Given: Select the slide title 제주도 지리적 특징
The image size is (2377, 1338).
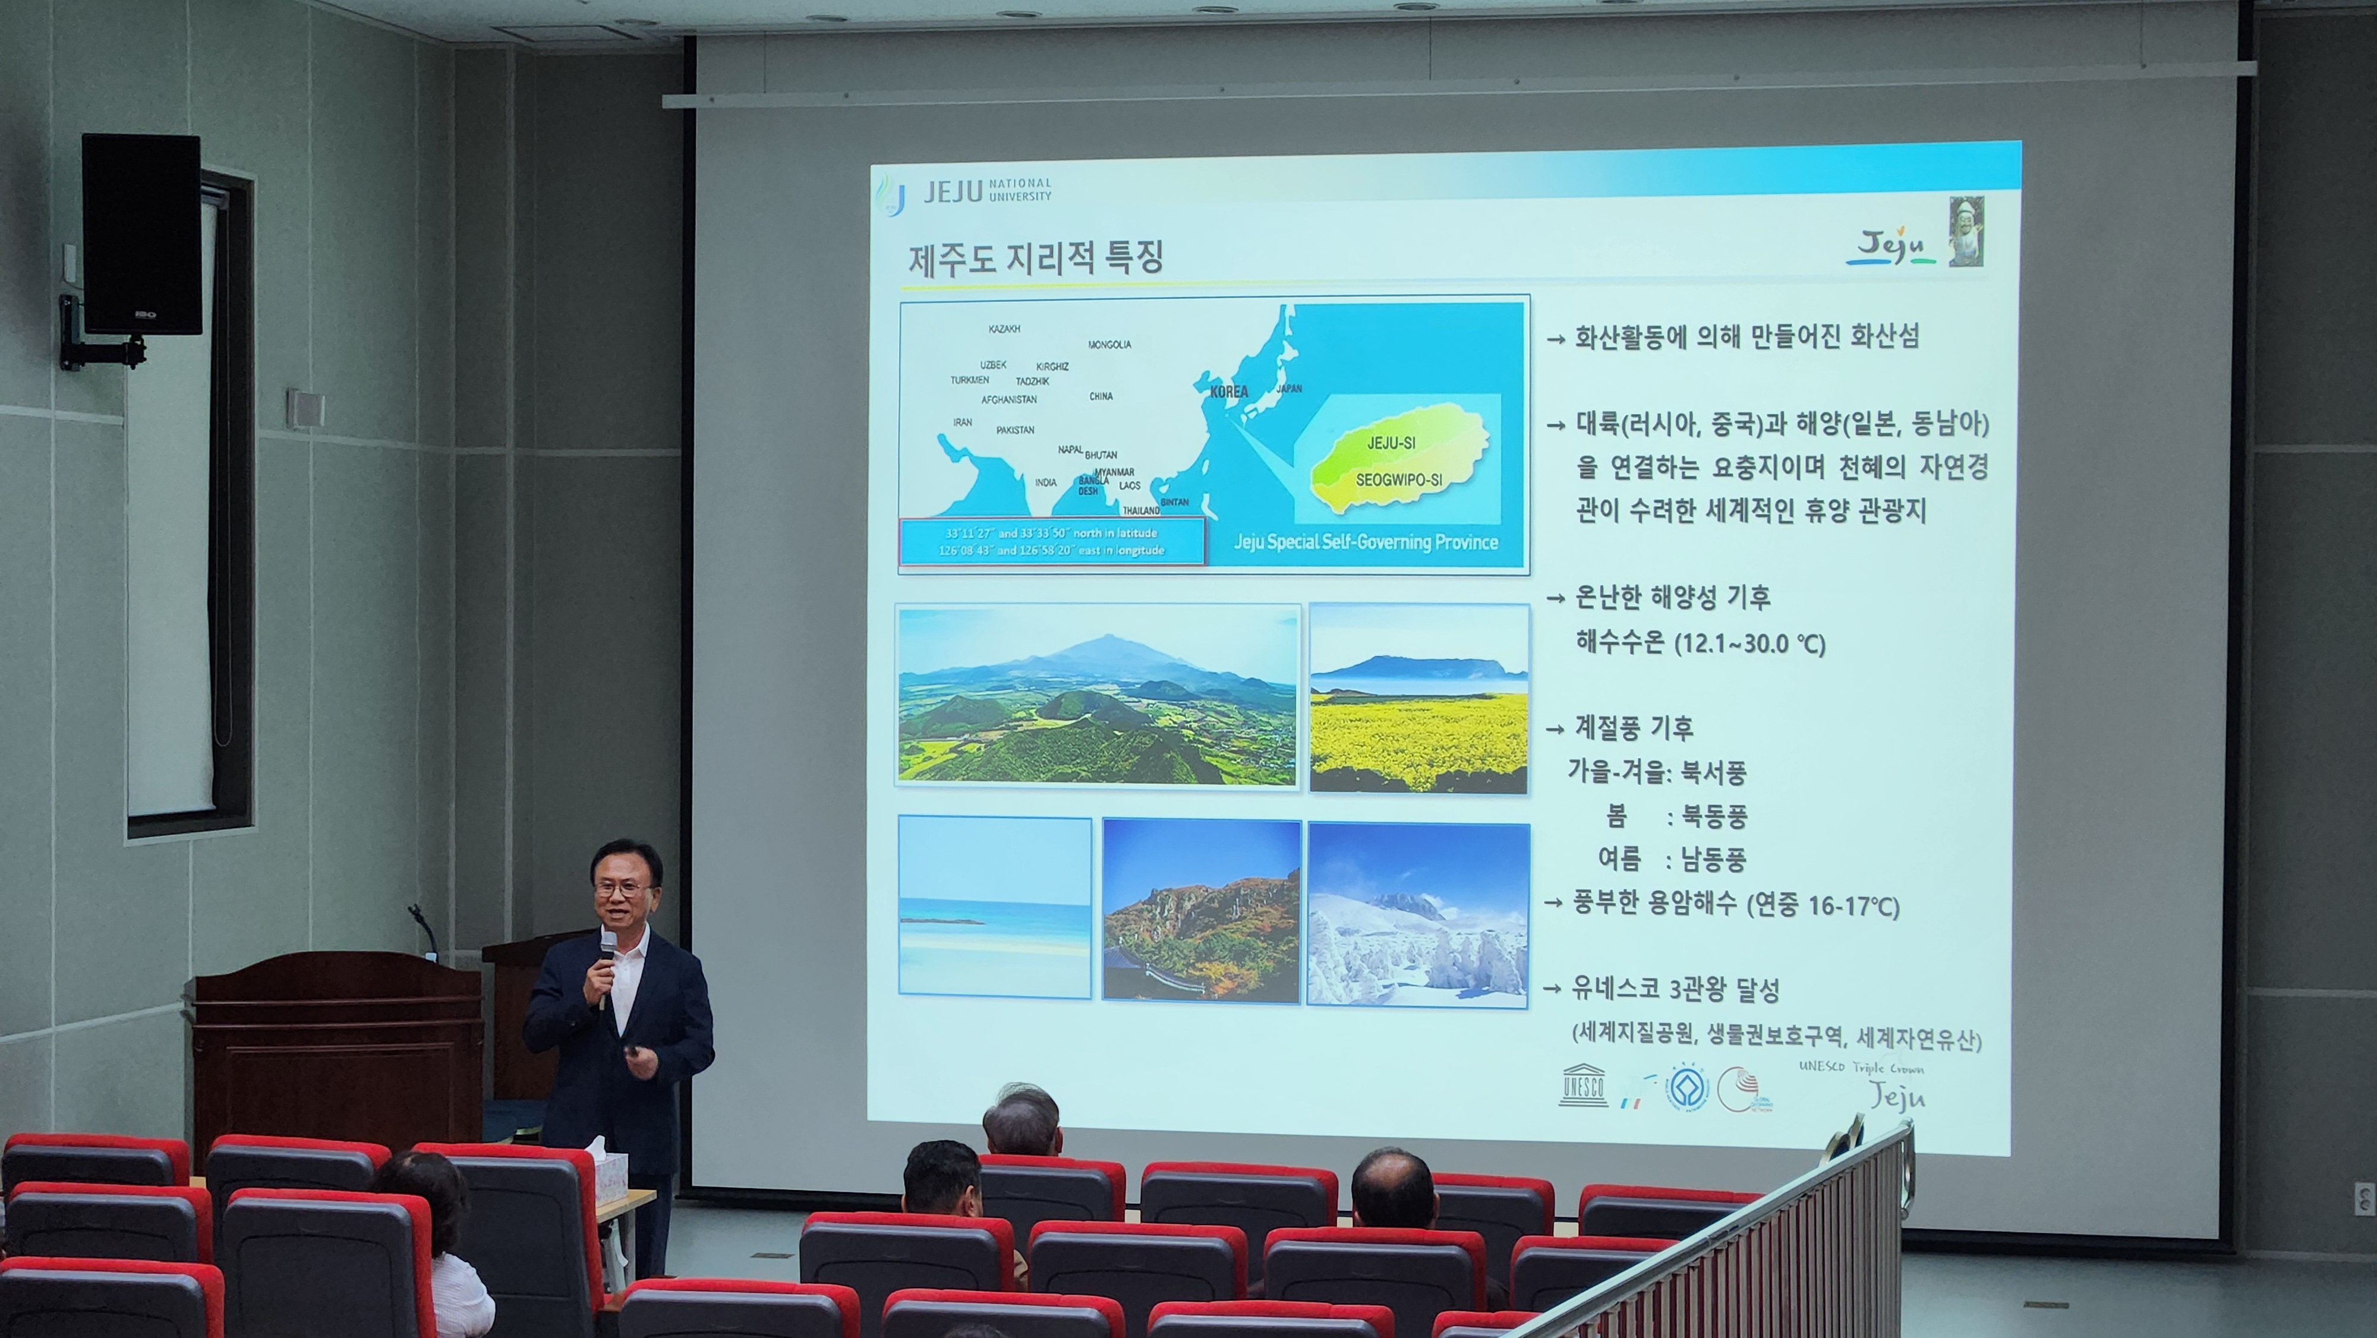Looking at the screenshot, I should click(x=1035, y=258).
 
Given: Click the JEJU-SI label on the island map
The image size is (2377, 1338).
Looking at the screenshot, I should click(x=1391, y=443).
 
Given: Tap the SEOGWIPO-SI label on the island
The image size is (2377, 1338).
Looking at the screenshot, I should click(x=1398, y=480).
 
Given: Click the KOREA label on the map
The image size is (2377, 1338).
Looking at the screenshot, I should click(x=1228, y=392).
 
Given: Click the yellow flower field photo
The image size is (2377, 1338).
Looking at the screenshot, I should click(x=1418, y=699).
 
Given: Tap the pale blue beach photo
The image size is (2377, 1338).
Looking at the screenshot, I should click(x=994, y=906).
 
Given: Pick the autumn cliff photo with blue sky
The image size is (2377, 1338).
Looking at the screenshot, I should click(x=1202, y=911).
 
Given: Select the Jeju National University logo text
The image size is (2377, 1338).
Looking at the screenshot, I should click(x=987, y=191).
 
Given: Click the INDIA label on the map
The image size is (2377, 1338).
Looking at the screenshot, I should click(x=1045, y=482).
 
